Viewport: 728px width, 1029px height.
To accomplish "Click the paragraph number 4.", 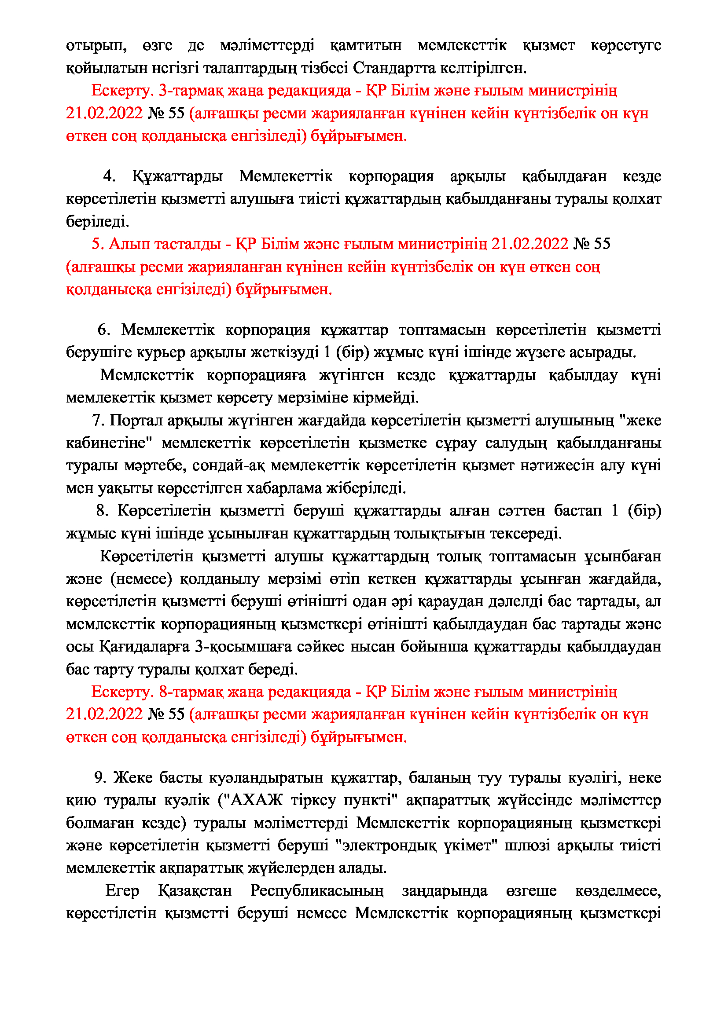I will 108,176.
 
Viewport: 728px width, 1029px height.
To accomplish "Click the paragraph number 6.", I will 103,330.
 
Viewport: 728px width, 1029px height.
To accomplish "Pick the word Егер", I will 122,890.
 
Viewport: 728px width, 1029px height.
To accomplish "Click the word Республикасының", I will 317,890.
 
